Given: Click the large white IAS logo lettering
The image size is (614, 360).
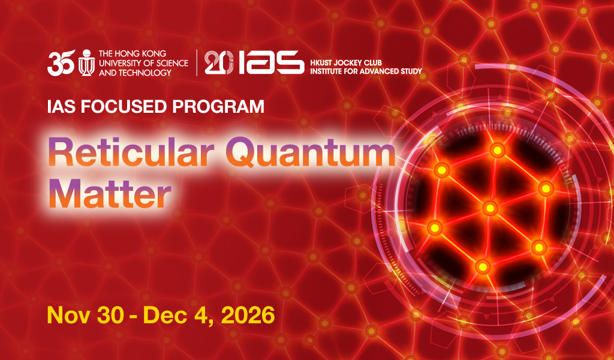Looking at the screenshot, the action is point(271,62).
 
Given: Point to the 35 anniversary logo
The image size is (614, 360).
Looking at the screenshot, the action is point(61,62).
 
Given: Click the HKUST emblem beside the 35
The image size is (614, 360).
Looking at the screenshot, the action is point(86,62).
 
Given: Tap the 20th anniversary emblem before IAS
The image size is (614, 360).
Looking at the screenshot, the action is point(219,62).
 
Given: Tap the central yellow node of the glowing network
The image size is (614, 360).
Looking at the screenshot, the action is point(490,208).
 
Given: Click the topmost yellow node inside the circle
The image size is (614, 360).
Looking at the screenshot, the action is point(497,150).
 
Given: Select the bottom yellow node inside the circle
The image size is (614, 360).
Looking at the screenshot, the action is point(483,267).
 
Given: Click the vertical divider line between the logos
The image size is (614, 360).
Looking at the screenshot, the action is point(197,62).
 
